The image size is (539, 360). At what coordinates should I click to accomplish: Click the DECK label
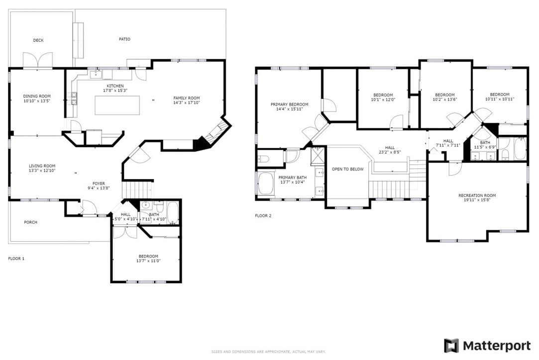(38, 40)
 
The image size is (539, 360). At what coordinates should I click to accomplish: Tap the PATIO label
(124, 39)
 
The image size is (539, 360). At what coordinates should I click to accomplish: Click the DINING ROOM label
(37, 96)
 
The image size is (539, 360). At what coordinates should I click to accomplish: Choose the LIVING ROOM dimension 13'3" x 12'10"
(42, 171)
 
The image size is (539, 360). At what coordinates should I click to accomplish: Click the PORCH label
(30, 222)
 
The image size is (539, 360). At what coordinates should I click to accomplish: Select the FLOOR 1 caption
(16, 259)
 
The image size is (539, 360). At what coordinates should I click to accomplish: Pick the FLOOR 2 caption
(263, 216)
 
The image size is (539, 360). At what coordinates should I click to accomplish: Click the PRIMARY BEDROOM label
(289, 104)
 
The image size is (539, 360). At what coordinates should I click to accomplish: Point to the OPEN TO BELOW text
(348, 169)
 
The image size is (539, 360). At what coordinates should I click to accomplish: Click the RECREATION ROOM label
(477, 195)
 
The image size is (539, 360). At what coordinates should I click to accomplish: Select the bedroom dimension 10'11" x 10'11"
(499, 99)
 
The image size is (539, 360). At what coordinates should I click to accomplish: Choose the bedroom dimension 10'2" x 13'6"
(444, 99)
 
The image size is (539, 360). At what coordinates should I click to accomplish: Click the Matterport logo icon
(451, 346)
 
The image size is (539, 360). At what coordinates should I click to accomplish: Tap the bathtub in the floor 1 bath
(173, 213)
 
